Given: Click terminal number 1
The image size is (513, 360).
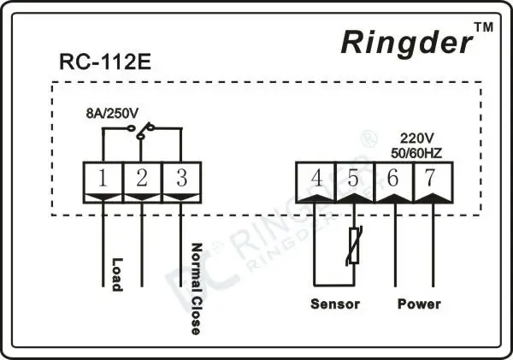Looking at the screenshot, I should [x=102, y=180].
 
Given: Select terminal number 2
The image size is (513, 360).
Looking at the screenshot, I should [x=141, y=180].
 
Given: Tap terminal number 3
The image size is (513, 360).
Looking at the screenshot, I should [x=181, y=180].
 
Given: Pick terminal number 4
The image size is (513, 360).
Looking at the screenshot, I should [x=317, y=179].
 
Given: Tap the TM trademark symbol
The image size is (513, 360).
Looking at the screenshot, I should [x=483, y=28].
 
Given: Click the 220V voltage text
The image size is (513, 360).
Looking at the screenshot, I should [x=416, y=137].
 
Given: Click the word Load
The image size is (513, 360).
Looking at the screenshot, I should [x=118, y=274].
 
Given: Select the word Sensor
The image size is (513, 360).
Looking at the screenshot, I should [x=334, y=304].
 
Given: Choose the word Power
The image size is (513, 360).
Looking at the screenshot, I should [x=419, y=304].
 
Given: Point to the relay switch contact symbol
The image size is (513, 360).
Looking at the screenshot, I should [x=142, y=130].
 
